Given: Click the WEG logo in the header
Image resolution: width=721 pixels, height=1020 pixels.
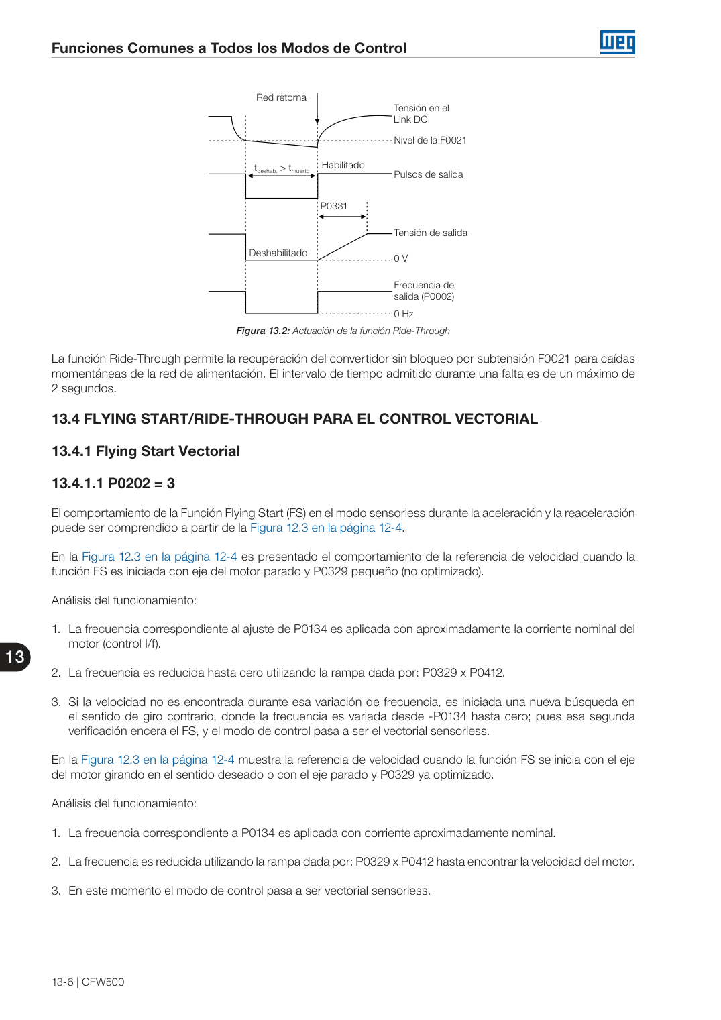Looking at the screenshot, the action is pyautogui.click(x=617, y=42).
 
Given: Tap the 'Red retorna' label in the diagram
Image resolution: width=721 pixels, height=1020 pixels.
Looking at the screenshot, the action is pyautogui.click(x=281, y=97).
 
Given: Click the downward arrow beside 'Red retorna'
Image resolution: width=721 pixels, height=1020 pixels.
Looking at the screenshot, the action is pyautogui.click(x=317, y=109).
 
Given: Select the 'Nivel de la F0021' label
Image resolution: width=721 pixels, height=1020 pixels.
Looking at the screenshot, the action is pyautogui.click(x=430, y=140).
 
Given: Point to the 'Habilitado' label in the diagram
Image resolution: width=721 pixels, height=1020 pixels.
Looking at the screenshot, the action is pyautogui.click(x=343, y=165).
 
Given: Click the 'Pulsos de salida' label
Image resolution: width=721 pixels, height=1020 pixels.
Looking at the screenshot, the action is pyautogui.click(x=428, y=174).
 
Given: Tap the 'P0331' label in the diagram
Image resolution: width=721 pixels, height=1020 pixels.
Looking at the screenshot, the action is pyautogui.click(x=333, y=206).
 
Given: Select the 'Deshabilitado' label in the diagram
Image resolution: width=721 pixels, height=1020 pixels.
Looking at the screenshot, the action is pyautogui.click(x=278, y=253).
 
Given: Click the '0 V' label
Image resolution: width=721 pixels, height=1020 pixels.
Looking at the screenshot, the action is pyautogui.click(x=401, y=258).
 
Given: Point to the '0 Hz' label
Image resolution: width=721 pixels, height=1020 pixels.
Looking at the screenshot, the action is pyautogui.click(x=404, y=314).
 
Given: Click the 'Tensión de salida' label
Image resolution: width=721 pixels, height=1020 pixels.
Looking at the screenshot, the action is pyautogui.click(x=431, y=233).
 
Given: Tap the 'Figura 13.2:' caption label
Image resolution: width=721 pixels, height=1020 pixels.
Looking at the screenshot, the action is pyautogui.click(x=263, y=331).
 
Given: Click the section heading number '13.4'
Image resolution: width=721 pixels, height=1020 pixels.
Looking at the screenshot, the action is pyautogui.click(x=66, y=418).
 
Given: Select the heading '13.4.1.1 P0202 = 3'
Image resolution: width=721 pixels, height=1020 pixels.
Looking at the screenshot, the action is pyautogui.click(x=113, y=483).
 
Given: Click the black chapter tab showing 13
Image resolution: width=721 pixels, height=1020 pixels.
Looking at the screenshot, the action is pyautogui.click(x=15, y=657).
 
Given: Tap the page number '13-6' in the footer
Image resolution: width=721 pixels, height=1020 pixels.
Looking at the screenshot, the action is pyautogui.click(x=62, y=982).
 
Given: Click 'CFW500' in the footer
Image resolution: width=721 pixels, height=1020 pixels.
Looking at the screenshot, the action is pyautogui.click(x=103, y=982).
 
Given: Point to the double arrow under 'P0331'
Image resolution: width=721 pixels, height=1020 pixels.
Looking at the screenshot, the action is pyautogui.click(x=342, y=217).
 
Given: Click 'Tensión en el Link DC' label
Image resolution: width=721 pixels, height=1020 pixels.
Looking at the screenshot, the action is pyautogui.click(x=421, y=114).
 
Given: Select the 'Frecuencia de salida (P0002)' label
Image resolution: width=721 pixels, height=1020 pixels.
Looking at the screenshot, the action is pyautogui.click(x=424, y=290).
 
